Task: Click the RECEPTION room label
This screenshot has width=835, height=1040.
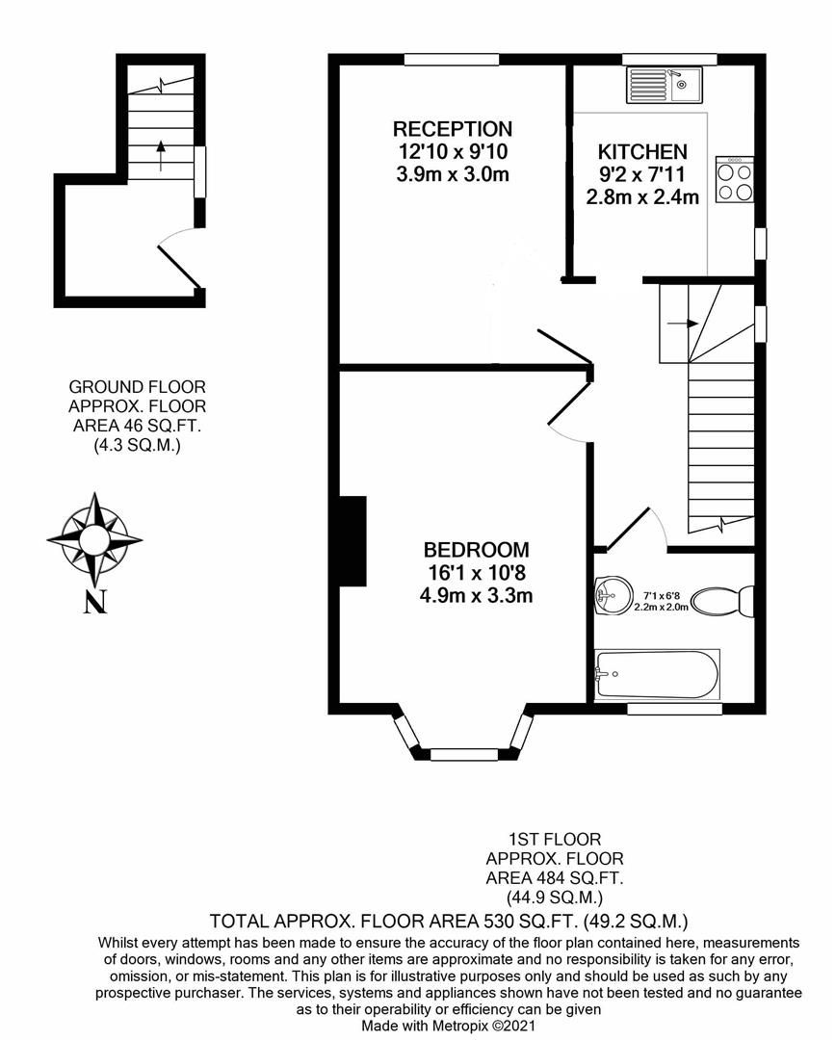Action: tap(452, 129)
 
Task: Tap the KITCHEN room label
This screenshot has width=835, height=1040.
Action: tap(642, 152)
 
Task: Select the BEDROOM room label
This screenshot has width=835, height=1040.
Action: tap(476, 550)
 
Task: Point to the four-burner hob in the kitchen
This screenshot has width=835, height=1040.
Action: tap(735, 180)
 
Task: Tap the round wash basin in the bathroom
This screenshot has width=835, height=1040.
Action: tap(608, 594)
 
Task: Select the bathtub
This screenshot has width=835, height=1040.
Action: tap(657, 675)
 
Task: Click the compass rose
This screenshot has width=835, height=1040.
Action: tap(94, 536)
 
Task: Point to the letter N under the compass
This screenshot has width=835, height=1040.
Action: tap(93, 603)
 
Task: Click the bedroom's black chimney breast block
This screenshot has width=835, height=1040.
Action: tap(352, 540)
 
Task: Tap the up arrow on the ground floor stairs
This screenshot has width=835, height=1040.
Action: tap(160, 147)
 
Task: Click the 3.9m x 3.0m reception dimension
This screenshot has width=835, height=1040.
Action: tap(452, 174)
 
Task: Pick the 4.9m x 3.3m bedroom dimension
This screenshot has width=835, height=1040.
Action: tap(476, 595)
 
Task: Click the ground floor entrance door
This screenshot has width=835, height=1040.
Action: tap(179, 265)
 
